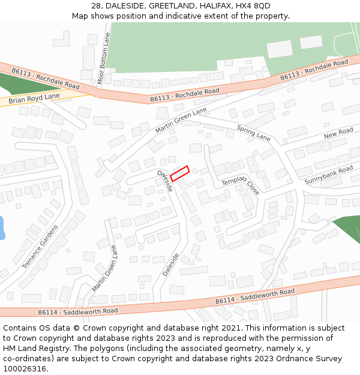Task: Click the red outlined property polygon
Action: click(179, 173)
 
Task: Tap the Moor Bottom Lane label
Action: click(104, 58)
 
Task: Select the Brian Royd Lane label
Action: click(34, 98)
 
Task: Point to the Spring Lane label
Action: click(254, 133)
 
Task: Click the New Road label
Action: click(338, 133)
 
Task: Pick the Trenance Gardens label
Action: click(40, 247)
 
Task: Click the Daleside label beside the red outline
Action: click(165, 181)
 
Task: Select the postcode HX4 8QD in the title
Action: click(252, 6)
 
